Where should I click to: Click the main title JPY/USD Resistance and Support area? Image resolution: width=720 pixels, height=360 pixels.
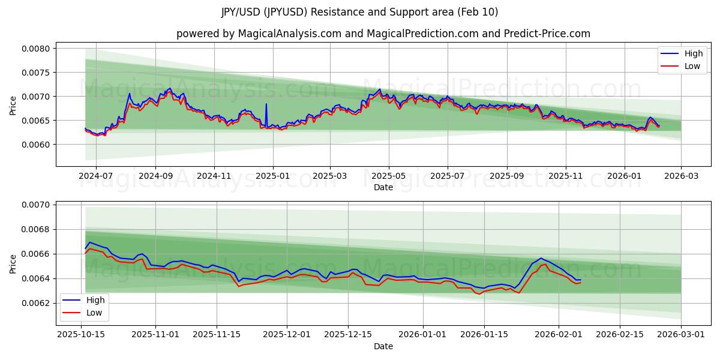coord(359,12)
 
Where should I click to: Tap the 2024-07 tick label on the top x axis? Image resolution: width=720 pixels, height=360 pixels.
coord(96,176)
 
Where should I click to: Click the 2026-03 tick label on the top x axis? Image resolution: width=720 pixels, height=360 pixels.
coord(681,176)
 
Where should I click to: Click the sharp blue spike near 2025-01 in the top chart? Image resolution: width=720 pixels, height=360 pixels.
coord(266,104)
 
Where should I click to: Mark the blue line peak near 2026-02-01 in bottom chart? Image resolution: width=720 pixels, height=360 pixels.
coord(541,258)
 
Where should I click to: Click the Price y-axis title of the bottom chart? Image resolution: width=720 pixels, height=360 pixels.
coord(13,263)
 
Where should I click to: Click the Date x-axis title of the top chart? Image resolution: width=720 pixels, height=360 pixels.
coord(383,187)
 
